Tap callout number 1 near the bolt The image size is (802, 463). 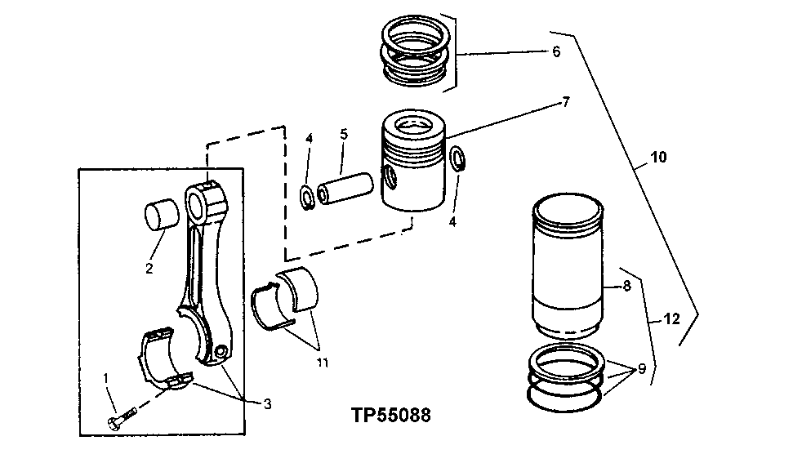[105, 377]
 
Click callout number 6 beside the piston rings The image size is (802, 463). [556, 51]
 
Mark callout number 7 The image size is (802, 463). [565, 103]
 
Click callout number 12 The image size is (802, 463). [671, 321]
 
